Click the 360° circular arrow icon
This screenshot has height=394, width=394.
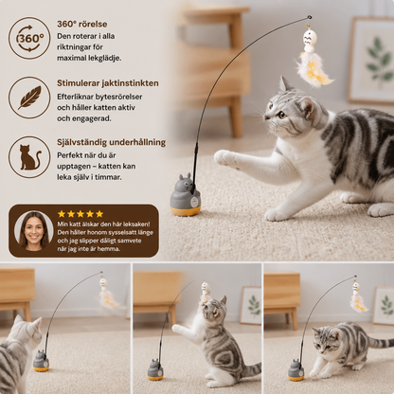tap(29, 39)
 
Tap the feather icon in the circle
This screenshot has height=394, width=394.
tap(29, 98)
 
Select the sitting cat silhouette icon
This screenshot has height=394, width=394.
tap(30, 157)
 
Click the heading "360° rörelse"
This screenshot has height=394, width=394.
tap(81, 24)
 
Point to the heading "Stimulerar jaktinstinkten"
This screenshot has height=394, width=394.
tap(108, 83)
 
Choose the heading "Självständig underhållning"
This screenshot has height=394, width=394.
tap(111, 142)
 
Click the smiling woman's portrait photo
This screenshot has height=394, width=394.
tap(34, 231)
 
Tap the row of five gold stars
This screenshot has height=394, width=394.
tap(81, 214)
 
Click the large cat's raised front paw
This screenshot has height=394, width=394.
tap(224, 158)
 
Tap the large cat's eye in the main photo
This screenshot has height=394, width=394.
tap(281, 115)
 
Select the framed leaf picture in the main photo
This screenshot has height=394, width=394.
tap(371, 60)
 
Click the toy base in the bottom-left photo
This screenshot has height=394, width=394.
tap(41, 361)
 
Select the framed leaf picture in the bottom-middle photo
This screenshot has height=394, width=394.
tap(251, 305)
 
